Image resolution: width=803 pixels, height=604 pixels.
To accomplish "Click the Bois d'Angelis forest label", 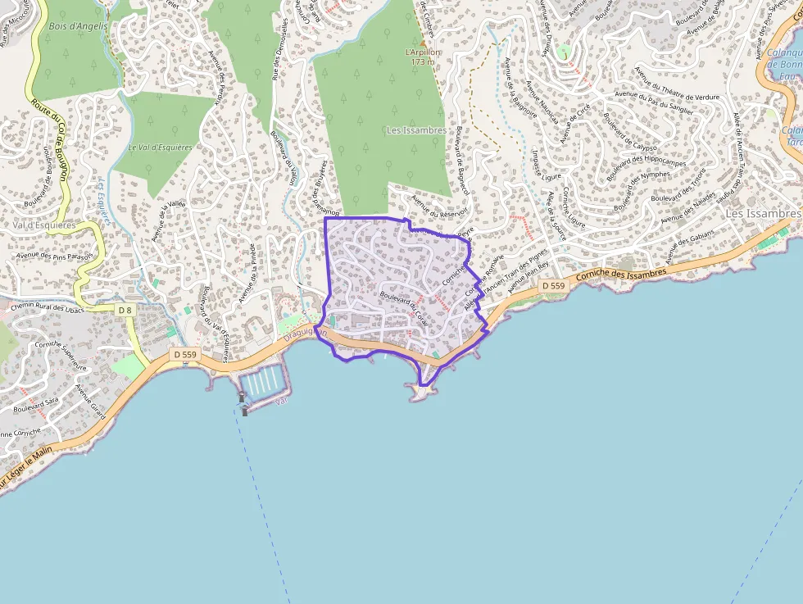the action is pyautogui.click(x=78, y=26).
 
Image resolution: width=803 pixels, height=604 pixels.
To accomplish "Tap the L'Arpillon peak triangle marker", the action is pyautogui.click(x=423, y=42).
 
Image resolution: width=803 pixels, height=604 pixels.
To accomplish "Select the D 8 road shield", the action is pyautogui.click(x=124, y=310).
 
